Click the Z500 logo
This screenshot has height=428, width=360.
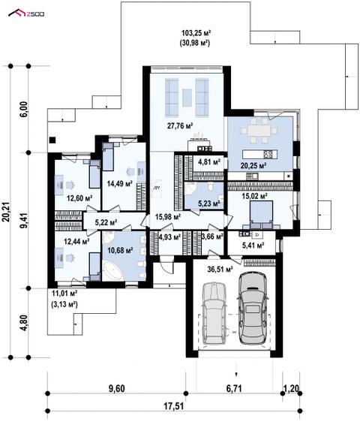coord(26,13)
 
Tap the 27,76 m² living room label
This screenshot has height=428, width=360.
coord(180,126)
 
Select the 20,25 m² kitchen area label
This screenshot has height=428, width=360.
coord(253,165)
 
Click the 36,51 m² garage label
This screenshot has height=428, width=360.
coord(220,270)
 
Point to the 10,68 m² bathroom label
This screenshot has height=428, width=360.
coord(120,250)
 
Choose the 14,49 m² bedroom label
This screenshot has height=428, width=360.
coord(120,184)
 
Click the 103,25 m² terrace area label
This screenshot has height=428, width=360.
coord(196,33)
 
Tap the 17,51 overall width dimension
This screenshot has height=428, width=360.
coord(174,406)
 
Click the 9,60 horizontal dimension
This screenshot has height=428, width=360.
coord(117,388)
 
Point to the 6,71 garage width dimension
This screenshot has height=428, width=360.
coord(234,388)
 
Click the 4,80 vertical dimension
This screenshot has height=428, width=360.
coord(24,323)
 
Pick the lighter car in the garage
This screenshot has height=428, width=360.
coord(215,313)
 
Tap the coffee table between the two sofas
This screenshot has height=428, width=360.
coord(187,98)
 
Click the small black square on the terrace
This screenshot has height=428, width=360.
coord(52,140)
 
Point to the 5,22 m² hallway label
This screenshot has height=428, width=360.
coord(106,222)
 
